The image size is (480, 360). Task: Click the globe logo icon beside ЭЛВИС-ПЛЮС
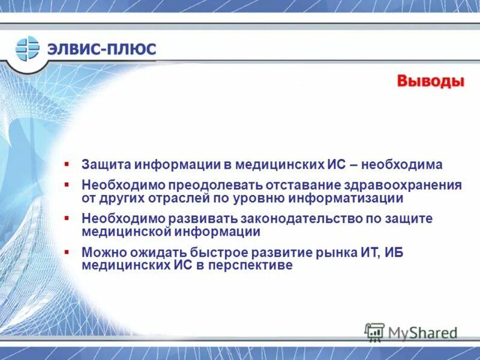27,48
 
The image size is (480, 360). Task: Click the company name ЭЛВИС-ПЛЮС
102,49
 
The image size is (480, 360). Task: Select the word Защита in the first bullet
106,164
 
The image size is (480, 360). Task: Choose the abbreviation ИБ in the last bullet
394,253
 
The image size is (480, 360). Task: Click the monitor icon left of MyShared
374,332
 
